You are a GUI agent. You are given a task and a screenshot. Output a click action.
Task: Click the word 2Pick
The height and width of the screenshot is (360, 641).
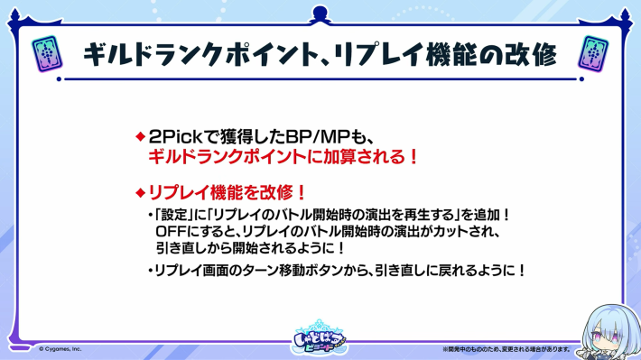click(x=171, y=137)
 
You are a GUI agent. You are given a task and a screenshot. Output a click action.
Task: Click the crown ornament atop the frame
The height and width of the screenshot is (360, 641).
click(x=320, y=12)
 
